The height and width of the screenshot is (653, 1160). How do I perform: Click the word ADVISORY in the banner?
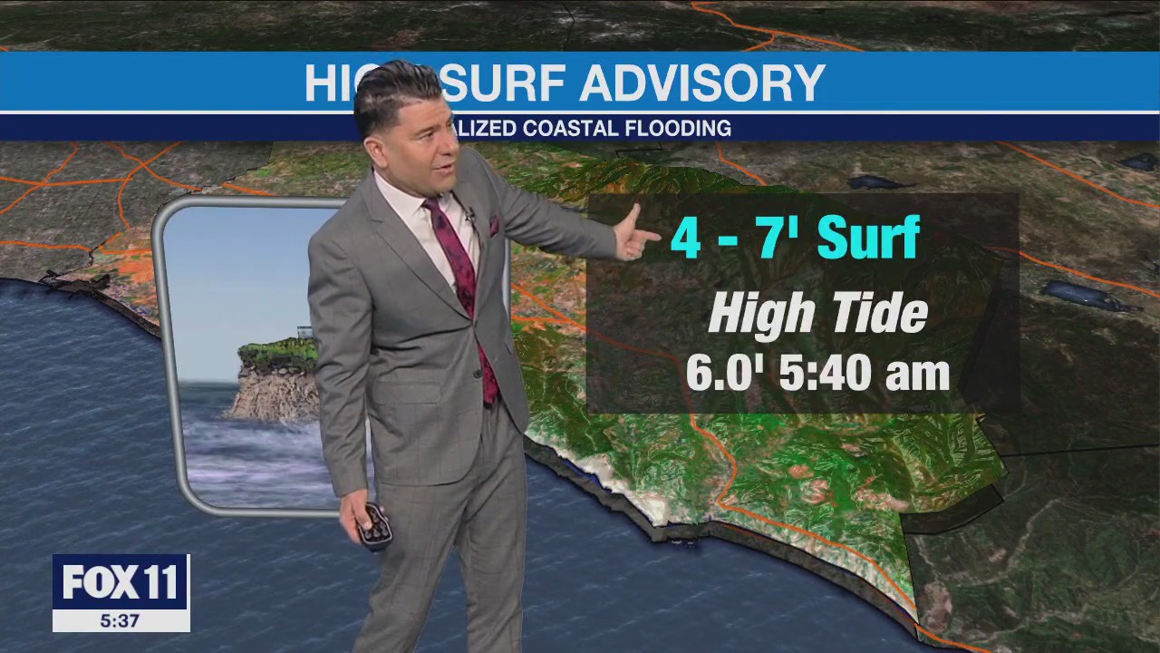point(701,83)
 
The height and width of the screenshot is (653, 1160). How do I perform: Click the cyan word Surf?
point(868,238)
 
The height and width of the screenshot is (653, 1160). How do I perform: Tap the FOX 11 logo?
point(121,582)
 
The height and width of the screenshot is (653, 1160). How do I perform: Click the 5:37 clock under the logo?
point(121,620)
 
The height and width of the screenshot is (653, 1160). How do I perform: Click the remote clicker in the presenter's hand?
point(373,527)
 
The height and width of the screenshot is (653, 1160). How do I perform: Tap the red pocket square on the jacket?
point(494,224)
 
